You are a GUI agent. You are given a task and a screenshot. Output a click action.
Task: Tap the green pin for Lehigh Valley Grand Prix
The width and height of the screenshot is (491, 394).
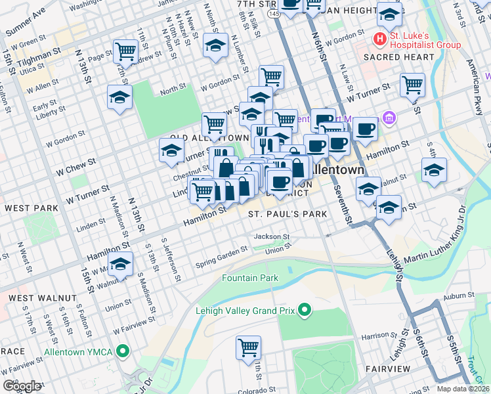point(305,309)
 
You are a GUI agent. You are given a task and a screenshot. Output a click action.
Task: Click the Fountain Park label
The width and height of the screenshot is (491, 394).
point(250,278)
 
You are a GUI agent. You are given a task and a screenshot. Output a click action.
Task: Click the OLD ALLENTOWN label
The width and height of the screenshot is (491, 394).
point(200,138)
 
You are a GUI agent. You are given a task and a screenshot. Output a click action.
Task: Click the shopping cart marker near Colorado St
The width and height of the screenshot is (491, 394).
point(248,347)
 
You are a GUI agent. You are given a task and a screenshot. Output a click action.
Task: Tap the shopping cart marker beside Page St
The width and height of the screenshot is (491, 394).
point(125,51)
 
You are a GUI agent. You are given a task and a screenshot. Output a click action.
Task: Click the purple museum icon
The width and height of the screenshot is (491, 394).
point(389,118)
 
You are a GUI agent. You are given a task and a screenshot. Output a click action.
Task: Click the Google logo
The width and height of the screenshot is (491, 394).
point(22,385)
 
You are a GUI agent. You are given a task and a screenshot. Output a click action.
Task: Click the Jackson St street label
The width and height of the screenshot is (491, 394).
point(272,236)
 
